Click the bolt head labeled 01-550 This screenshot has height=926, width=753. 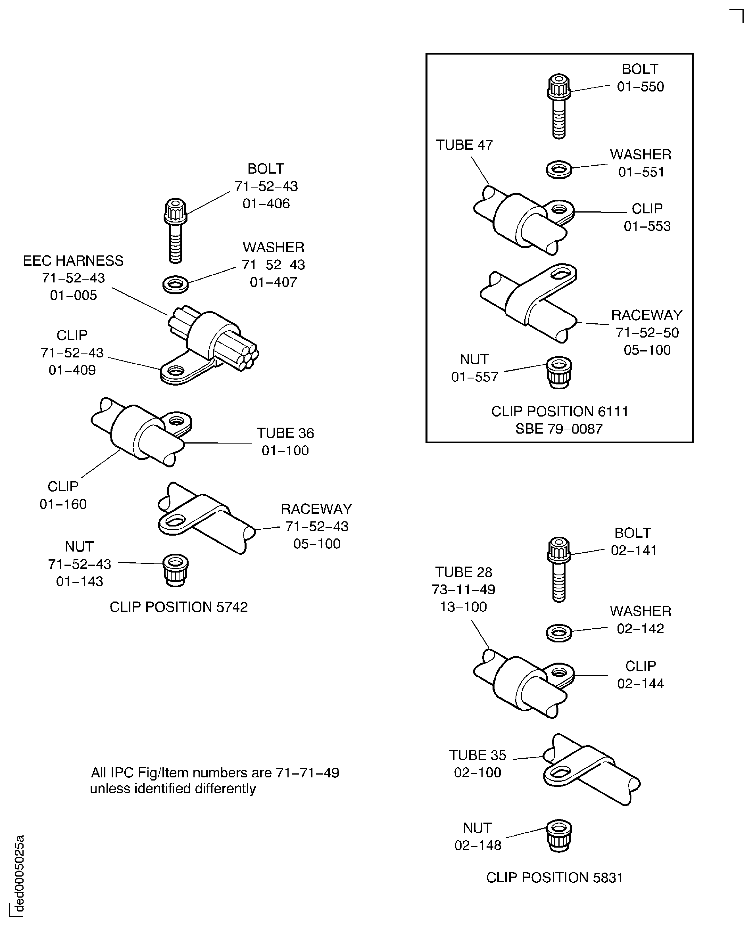pyautogui.click(x=559, y=87)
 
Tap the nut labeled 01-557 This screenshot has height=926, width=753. pyautogui.click(x=559, y=372)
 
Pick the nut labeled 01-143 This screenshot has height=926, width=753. pyautogui.click(x=176, y=571)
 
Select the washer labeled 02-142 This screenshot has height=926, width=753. pyautogui.click(x=559, y=633)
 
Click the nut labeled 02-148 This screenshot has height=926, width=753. pyautogui.click(x=559, y=836)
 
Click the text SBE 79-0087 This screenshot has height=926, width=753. pyautogui.click(x=559, y=429)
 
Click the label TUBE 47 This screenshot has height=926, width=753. pyautogui.click(x=464, y=145)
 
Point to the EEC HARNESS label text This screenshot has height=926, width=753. pyautogui.click(x=73, y=261)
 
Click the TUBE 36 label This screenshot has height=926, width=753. pyautogui.click(x=285, y=433)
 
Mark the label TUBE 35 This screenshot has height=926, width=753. pyautogui.click(x=477, y=755)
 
